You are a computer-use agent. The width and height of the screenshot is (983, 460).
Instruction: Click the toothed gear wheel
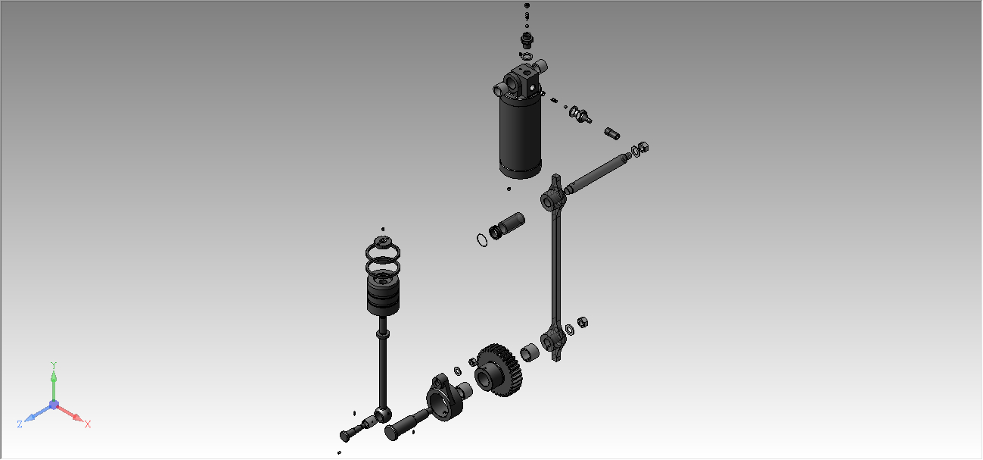499,370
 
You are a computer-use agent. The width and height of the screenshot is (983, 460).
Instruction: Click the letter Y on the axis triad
54,365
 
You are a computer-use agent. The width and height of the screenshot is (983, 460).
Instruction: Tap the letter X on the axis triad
88,424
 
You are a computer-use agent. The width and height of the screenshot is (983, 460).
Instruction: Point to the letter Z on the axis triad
20,424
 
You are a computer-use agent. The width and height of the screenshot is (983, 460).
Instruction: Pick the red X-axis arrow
70,413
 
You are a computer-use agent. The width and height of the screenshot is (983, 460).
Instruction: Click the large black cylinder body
521,136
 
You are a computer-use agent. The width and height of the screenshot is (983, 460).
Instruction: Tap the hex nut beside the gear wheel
473,362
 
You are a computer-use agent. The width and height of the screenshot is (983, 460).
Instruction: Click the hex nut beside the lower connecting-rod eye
583,322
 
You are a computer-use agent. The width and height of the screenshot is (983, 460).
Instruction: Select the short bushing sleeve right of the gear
530,352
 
